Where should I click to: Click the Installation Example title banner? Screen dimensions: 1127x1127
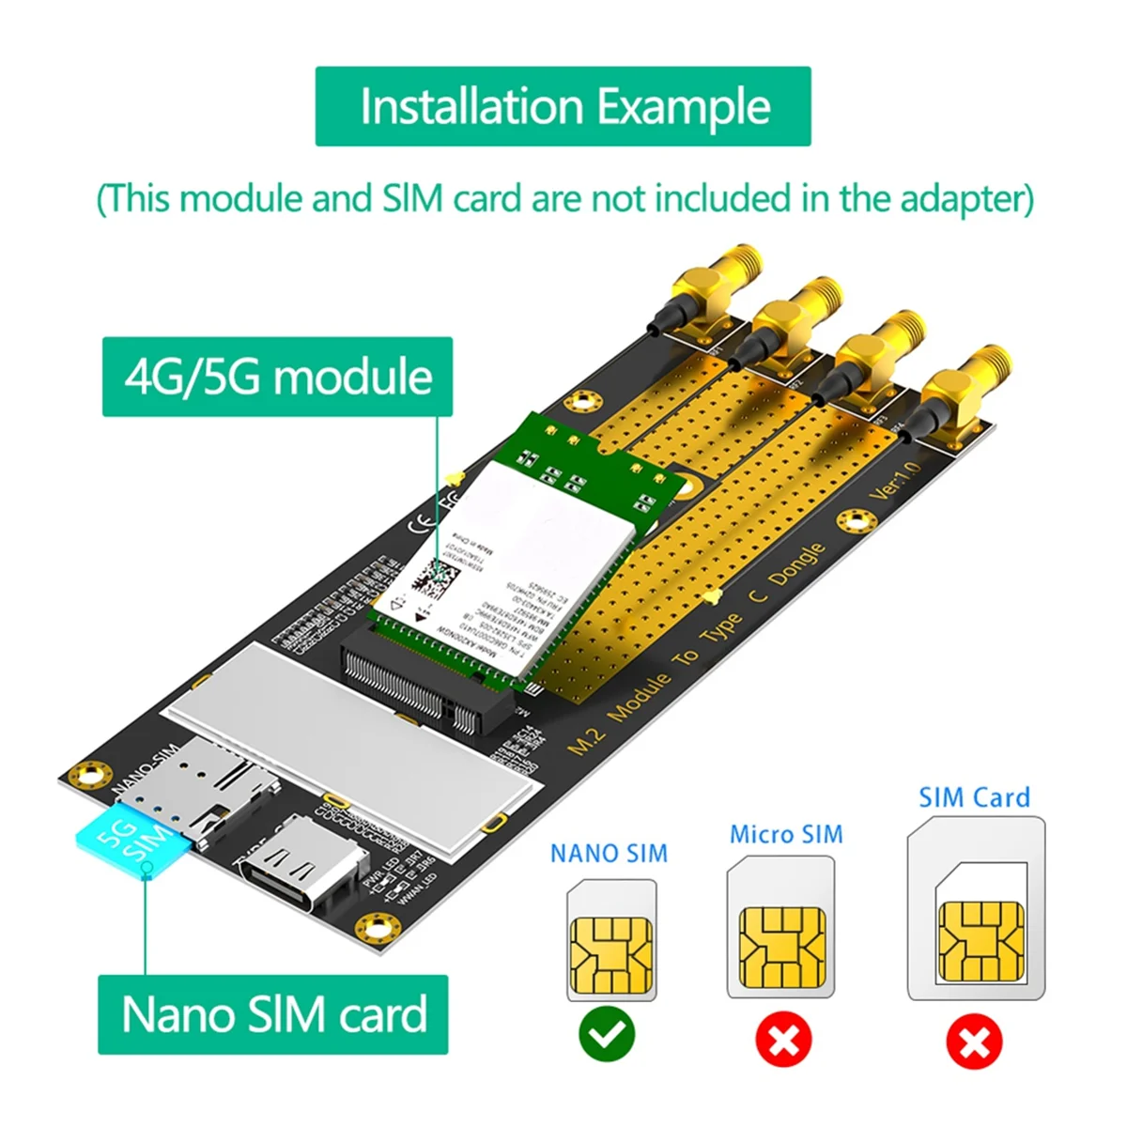[x=563, y=106]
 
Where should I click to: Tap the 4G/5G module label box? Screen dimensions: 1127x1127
[x=278, y=377]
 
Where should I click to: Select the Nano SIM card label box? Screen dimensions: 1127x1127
[x=273, y=1014]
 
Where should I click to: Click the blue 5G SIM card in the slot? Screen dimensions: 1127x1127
[x=133, y=836]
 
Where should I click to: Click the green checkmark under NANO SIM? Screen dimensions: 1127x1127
[x=607, y=1035]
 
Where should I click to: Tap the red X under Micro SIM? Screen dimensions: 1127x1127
[x=784, y=1040]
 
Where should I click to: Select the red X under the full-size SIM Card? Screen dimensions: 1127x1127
[x=975, y=1042]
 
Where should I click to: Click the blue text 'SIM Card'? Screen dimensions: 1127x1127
[x=974, y=797]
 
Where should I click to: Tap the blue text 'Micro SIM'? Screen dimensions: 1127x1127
[x=786, y=834]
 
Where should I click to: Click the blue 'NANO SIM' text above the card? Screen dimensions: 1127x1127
[x=609, y=853]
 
